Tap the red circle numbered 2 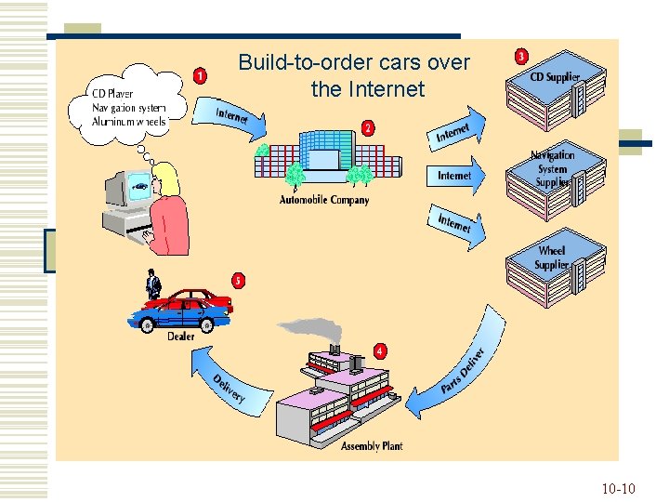369,128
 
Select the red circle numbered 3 522,58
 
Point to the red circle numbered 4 380,350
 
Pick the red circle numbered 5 239,280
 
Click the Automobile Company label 324,200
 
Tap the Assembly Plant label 372,446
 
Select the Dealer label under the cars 181,337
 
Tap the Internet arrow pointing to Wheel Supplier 457,225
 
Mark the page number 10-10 618,488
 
